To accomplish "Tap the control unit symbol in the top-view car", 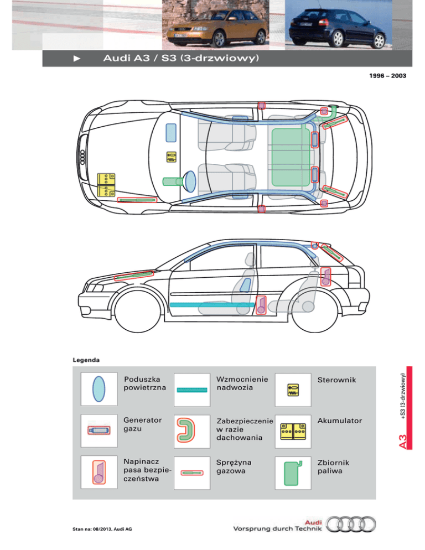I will pos(172,157).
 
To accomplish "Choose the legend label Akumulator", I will pos(340,421).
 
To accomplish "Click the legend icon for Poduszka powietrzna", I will pos(99,389).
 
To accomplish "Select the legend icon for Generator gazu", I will pos(99,430).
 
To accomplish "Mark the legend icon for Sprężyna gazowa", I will pos(193,473).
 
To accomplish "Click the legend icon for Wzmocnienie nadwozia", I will pos(193,390).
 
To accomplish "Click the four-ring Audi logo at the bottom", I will pos(351,527).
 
